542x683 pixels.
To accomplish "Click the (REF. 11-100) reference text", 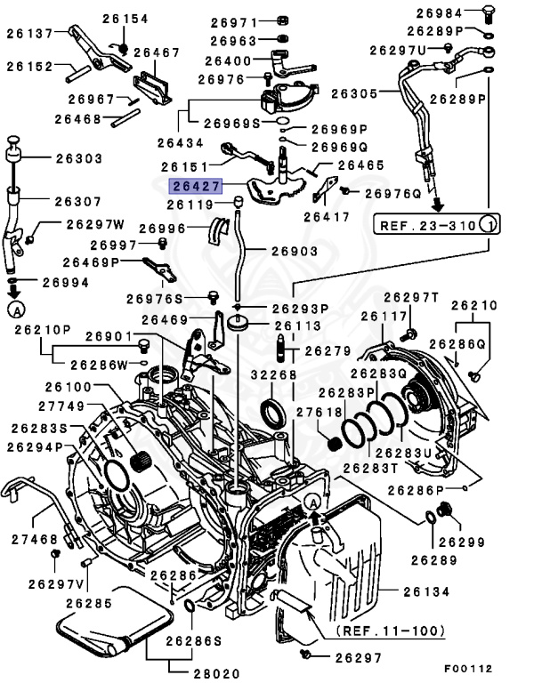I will coord(391,631).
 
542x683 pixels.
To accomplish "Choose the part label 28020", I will coord(215,673).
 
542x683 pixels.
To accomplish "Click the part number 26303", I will coord(78,158).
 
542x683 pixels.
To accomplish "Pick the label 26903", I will coord(294,252).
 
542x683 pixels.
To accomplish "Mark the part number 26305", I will coord(352,92).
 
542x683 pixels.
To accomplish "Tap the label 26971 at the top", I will coord(235,21).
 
